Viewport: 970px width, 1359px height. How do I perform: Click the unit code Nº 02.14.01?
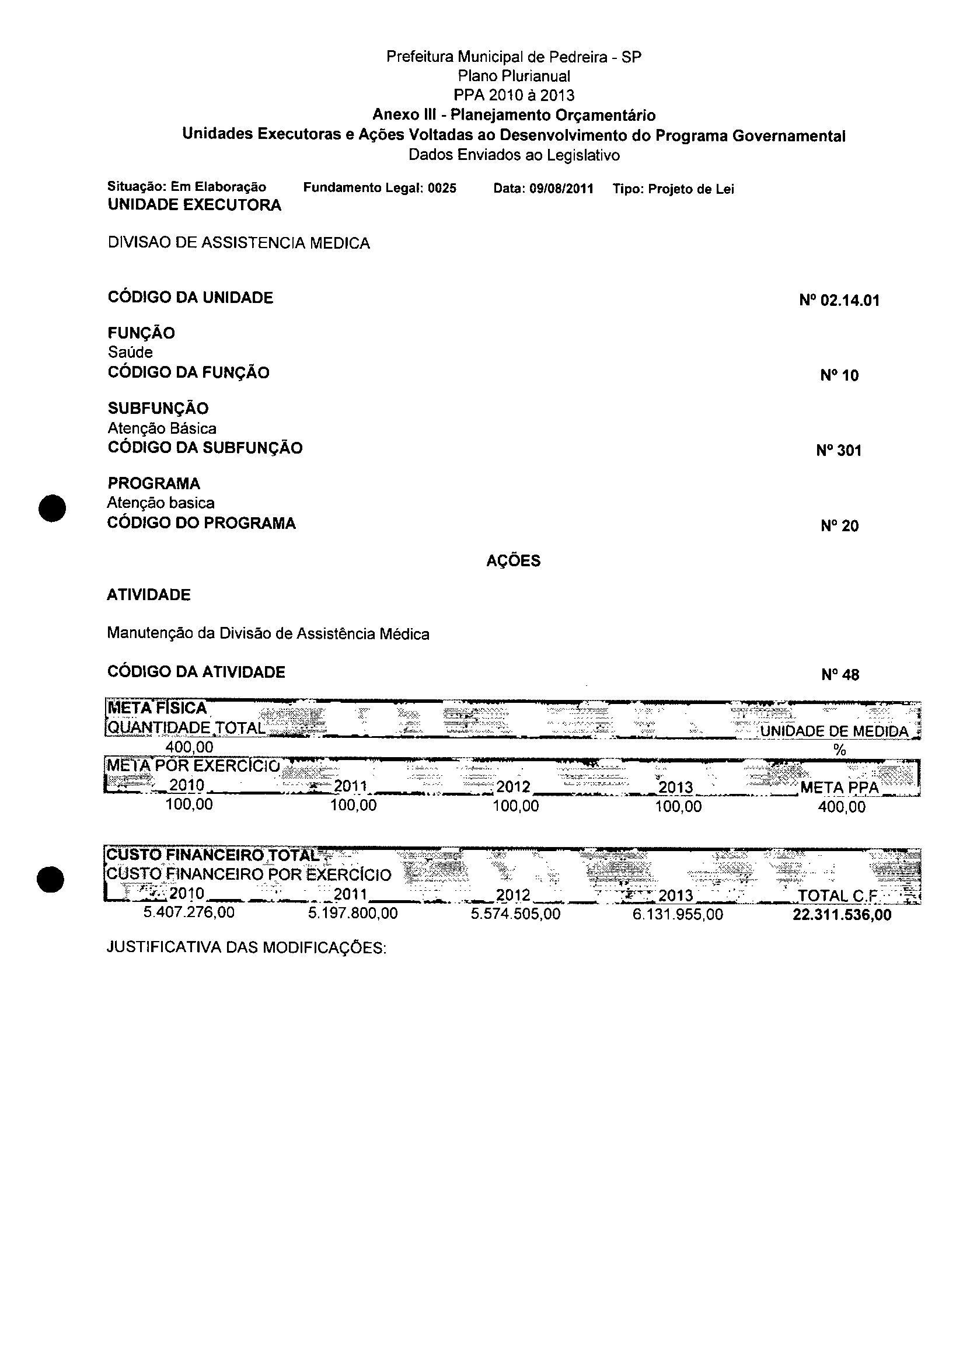coord(839,300)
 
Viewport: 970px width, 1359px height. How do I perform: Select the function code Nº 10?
coord(839,375)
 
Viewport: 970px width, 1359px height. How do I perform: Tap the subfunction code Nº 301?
coord(839,451)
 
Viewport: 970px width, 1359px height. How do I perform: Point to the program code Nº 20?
coord(839,526)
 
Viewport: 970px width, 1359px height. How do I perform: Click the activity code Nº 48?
coord(840,674)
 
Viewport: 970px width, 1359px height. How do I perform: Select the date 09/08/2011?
coord(561,189)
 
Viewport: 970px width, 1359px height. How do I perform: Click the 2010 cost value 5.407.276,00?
coord(189,913)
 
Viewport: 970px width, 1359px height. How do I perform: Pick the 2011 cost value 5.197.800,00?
coord(353,914)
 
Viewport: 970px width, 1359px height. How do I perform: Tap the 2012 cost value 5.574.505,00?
coord(515,914)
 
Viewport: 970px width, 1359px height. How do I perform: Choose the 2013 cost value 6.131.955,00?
coord(678,915)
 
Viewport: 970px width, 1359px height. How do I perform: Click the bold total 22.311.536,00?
coord(842,915)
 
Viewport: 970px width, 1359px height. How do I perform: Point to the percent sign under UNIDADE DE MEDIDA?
coord(839,750)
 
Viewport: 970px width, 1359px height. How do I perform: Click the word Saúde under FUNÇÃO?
coord(130,353)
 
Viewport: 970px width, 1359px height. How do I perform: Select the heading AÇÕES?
coord(513,560)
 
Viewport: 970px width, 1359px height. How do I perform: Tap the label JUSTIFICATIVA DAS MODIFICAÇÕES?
coord(247,948)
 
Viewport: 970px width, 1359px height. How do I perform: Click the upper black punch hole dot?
coord(51,508)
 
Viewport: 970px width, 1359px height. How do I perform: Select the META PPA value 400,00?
coord(842,807)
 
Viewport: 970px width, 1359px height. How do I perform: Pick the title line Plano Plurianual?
coord(514,76)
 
